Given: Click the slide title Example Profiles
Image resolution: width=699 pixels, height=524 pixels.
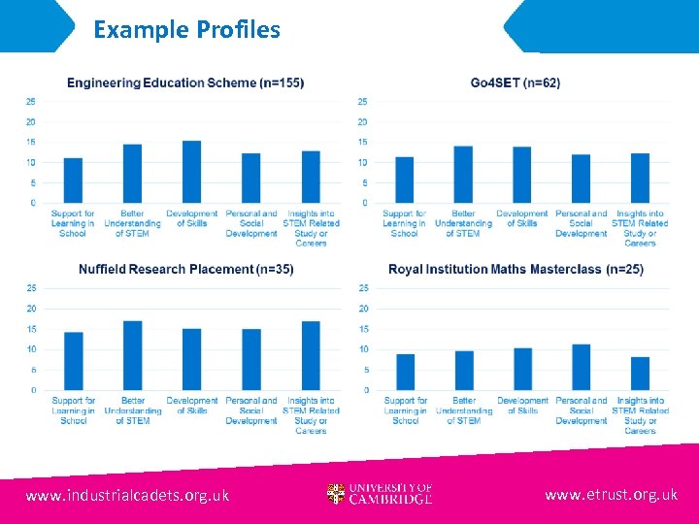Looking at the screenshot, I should click(186, 29).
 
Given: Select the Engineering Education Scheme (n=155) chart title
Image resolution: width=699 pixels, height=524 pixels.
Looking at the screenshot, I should click(184, 82).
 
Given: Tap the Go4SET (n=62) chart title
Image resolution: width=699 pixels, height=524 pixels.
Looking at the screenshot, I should click(515, 82).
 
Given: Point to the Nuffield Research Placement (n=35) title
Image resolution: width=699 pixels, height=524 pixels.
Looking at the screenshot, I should click(185, 269).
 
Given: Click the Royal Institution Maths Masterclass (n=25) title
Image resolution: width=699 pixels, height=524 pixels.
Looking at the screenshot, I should click(516, 269).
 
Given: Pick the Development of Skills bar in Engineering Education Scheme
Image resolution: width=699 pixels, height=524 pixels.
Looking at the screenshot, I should click(192, 173).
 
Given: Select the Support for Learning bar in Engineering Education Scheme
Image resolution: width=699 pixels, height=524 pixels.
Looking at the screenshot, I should click(73, 180).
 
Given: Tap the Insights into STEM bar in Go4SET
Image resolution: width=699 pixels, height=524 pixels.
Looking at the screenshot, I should click(640, 179).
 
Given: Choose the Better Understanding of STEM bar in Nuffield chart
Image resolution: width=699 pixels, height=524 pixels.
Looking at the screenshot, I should click(133, 356).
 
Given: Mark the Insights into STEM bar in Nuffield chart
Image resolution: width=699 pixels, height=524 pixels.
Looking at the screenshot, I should click(311, 356).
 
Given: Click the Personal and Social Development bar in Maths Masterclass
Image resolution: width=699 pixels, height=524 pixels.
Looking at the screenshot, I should click(582, 368).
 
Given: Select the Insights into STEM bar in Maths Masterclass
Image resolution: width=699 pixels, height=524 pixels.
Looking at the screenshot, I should click(640, 374).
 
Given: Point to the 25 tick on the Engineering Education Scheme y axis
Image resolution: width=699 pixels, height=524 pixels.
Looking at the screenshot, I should click(31, 101).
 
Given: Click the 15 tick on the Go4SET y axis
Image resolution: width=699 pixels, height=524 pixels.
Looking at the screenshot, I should click(362, 142).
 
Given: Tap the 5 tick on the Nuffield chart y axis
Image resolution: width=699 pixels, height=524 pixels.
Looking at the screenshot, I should click(33, 370).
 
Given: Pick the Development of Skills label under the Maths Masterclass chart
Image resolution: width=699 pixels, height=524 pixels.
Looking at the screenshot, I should click(522, 406).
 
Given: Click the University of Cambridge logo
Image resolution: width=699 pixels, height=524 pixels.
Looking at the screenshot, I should click(380, 495).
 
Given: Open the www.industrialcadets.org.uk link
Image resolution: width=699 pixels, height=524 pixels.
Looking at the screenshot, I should click(127, 496).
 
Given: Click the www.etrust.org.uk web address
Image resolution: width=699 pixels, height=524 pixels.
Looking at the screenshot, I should click(611, 495).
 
